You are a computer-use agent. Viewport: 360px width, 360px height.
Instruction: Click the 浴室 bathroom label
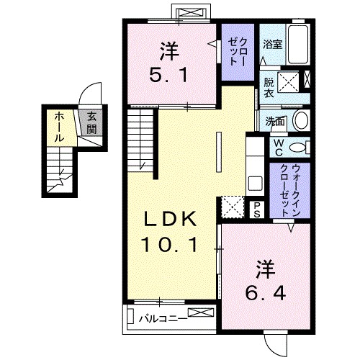coord(271,44)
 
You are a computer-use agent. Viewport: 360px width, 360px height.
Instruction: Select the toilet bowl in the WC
coord(303,147)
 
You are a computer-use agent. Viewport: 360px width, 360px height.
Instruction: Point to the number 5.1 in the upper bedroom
coord(170,73)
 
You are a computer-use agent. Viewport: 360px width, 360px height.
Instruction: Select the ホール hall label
coord(58,124)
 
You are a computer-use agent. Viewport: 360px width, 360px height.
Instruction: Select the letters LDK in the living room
coord(170,218)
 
